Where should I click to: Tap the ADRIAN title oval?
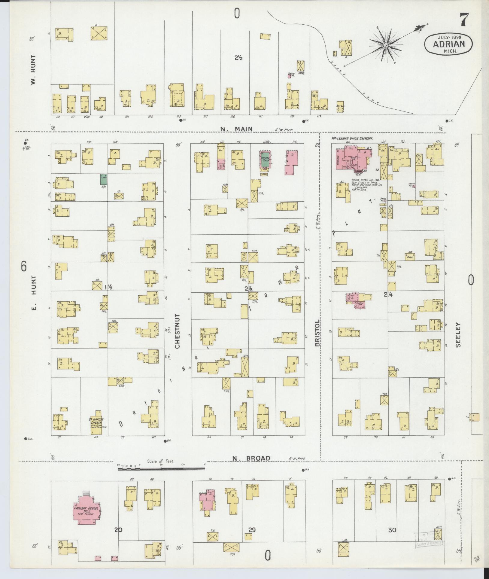pos(448,44)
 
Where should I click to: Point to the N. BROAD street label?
pos(251,467)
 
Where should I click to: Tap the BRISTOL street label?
pos(318,333)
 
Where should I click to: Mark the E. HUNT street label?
pos(33,294)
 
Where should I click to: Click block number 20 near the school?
pos(118,538)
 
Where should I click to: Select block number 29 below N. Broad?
pos(252,538)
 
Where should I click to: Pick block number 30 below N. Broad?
pos(392,539)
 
